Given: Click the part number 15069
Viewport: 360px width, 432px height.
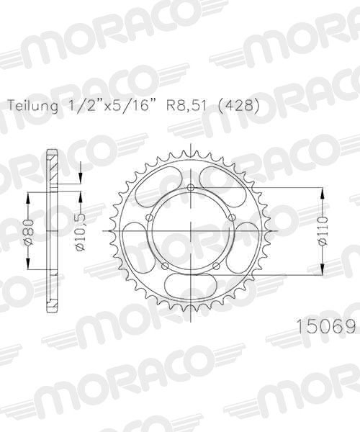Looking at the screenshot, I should [328, 328].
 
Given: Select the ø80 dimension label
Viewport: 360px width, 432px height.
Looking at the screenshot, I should [27, 230].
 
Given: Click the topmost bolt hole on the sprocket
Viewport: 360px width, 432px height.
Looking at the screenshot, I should [191, 189].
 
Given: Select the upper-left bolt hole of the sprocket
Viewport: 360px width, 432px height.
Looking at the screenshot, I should [149, 220].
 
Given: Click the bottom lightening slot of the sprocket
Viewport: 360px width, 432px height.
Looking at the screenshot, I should [191, 284].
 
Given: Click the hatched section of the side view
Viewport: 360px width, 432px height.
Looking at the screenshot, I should [52, 169].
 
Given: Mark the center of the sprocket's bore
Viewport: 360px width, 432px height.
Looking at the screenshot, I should [191, 230].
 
